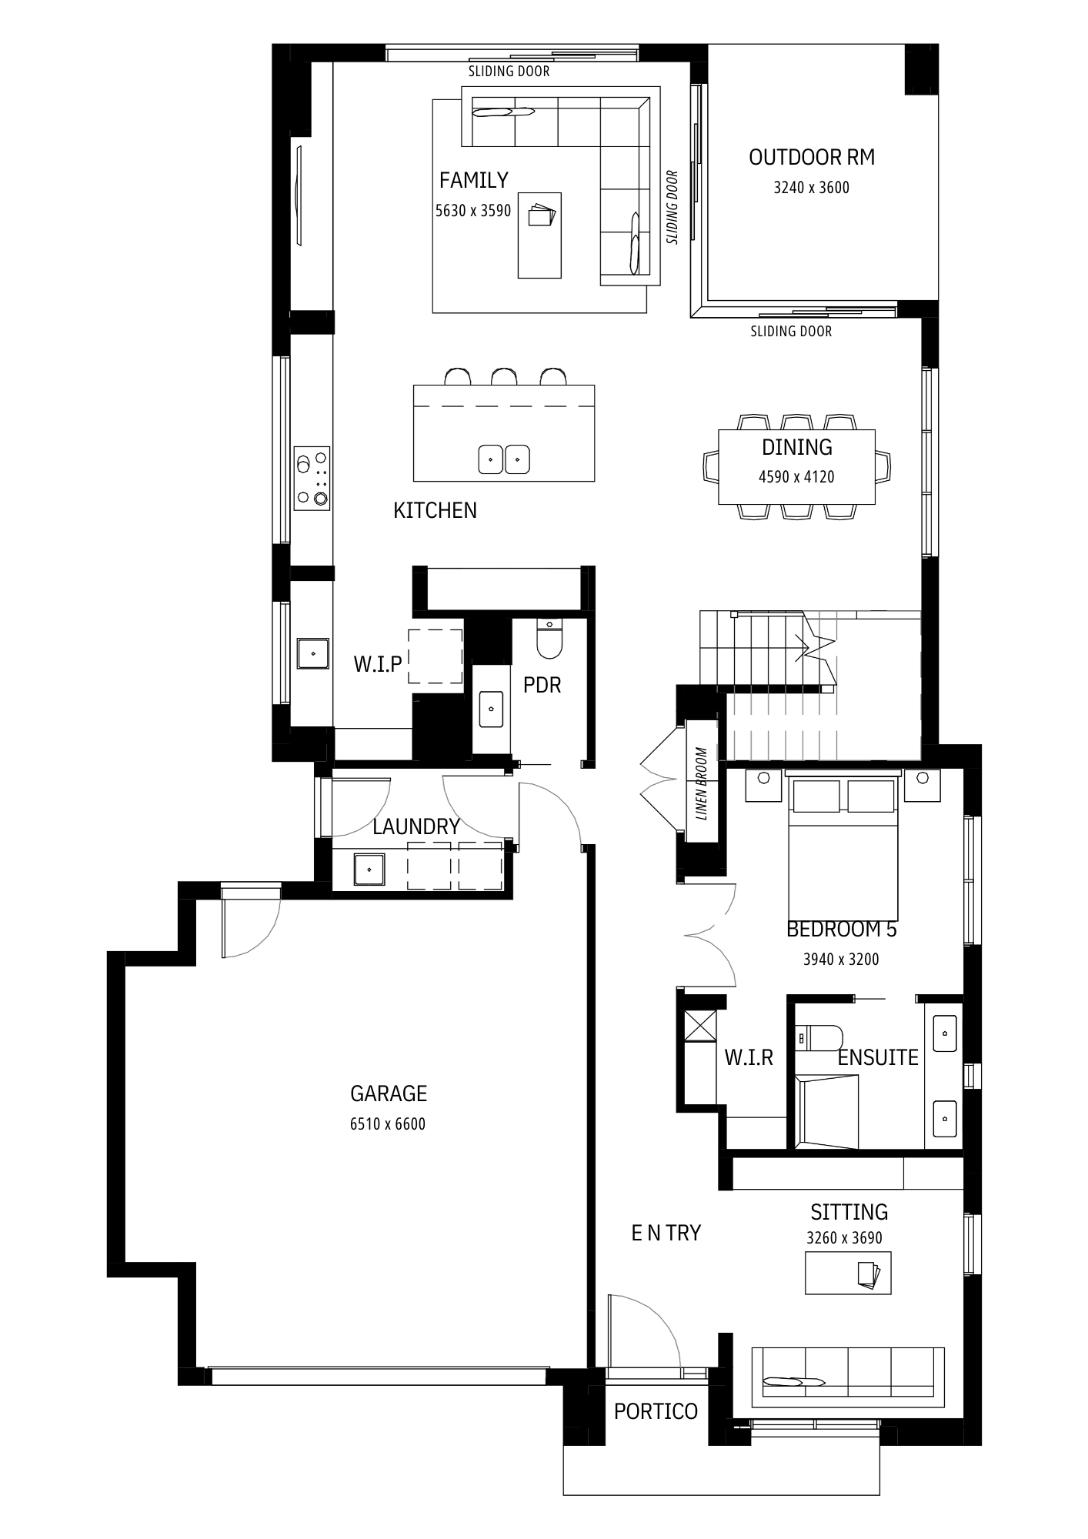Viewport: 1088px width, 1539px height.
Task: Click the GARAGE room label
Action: click(388, 1093)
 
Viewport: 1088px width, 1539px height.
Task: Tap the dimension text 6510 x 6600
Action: click(388, 1124)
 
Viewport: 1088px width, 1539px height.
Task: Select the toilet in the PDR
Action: click(549, 639)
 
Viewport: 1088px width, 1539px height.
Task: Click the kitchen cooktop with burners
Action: click(312, 477)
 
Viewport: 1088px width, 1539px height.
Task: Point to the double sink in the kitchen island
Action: click(504, 459)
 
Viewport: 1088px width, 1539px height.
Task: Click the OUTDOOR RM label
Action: click(812, 157)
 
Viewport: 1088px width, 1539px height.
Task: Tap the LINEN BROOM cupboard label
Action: click(701, 783)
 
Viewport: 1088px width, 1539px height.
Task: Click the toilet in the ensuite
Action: click(819, 1038)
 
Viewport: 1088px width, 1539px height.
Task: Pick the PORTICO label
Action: click(656, 1411)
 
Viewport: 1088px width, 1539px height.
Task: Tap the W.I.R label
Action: click(748, 1058)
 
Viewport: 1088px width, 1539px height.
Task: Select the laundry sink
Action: click(370, 870)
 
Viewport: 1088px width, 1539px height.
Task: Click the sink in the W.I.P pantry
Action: click(313, 653)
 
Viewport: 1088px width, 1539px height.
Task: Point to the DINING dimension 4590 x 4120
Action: click(796, 477)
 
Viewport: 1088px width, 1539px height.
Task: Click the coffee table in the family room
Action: click(539, 235)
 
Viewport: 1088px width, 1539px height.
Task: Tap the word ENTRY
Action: click(666, 1234)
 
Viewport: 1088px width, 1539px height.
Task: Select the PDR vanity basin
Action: click(491, 709)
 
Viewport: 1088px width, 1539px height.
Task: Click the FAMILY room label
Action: click(474, 180)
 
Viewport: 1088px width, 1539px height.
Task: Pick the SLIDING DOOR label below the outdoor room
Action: click(791, 332)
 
